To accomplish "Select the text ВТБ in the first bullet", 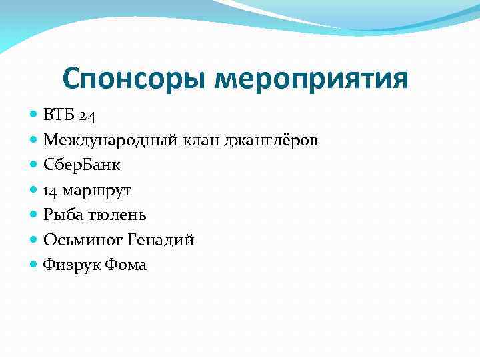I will pyautogui.click(x=59, y=115).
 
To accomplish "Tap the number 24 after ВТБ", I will pyautogui.click(x=87, y=116).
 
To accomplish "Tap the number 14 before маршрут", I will pyautogui.click(x=51, y=191).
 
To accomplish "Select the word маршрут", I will pyautogui.click(x=97, y=191).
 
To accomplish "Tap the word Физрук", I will pyautogui.click(x=69, y=265).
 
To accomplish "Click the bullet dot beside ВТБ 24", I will pyautogui.click(x=35, y=115).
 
